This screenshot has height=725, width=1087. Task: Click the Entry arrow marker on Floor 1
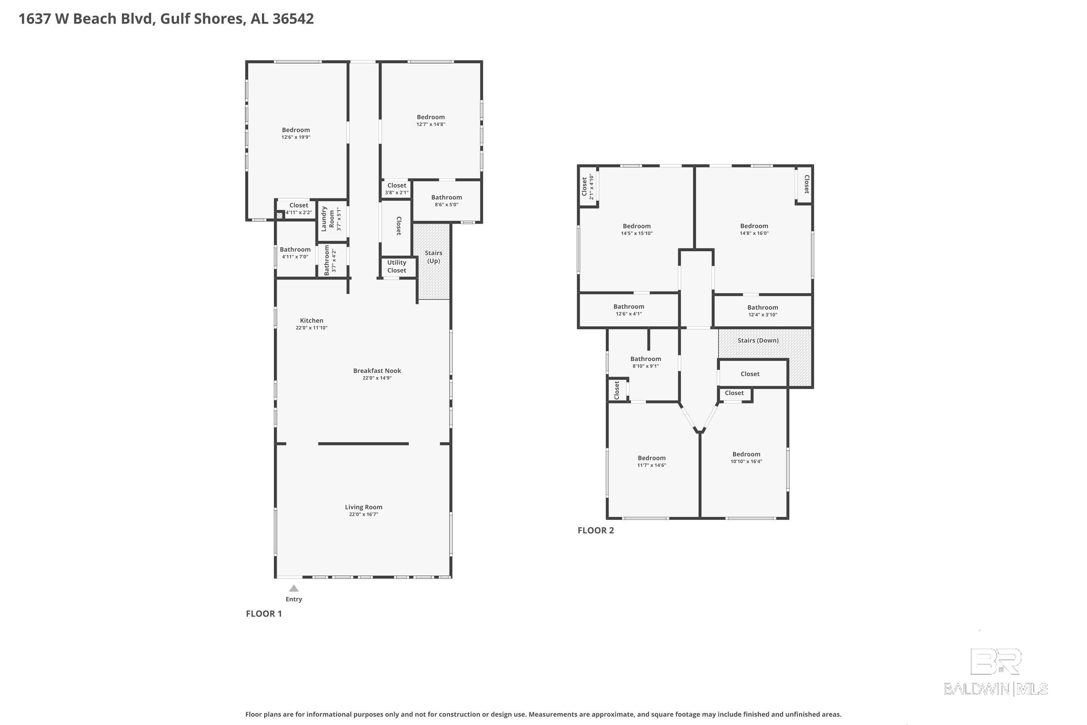[x=294, y=588]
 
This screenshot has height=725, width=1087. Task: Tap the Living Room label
[x=364, y=507]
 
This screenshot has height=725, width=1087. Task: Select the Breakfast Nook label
[x=377, y=370]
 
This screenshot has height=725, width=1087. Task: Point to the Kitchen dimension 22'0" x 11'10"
[x=312, y=328]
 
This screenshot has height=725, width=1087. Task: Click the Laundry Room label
[x=328, y=219]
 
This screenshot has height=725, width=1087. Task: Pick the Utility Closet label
[x=396, y=266]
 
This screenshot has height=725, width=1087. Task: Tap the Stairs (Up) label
[x=433, y=257]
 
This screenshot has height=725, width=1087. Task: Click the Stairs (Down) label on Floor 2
[x=758, y=340]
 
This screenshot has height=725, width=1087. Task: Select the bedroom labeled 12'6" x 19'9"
[x=296, y=133]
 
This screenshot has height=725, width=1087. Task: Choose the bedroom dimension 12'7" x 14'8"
[x=431, y=124]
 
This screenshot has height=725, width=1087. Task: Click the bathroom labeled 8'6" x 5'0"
[x=446, y=201]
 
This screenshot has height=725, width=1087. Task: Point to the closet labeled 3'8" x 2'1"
[x=396, y=188]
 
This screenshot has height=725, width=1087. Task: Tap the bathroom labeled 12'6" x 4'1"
[x=629, y=310]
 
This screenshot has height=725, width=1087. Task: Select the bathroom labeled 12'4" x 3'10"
[x=763, y=311]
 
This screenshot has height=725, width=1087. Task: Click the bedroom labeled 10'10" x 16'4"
[x=746, y=457]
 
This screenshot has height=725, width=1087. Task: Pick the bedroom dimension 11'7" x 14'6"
[x=651, y=465]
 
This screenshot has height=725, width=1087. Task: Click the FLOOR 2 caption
[x=596, y=530]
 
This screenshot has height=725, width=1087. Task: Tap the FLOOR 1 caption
[x=264, y=614]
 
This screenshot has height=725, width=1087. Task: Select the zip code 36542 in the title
[x=293, y=19]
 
